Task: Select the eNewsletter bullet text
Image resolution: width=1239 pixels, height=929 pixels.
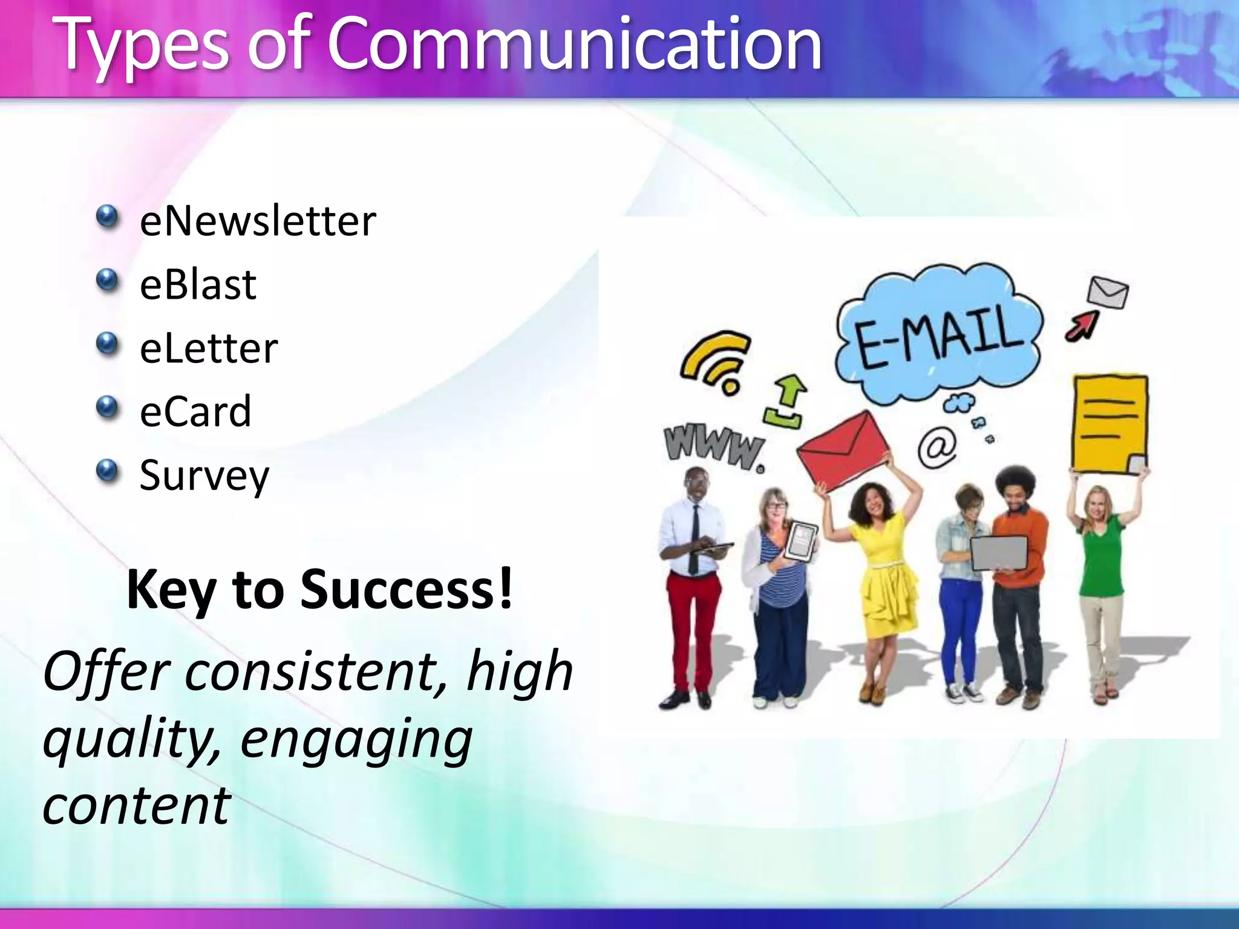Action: coord(257,221)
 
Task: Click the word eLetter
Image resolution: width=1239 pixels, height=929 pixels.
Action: coord(209,349)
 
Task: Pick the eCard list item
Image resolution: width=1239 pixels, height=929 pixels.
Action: coord(195,412)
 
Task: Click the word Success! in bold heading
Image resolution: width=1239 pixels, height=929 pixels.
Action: coord(406,589)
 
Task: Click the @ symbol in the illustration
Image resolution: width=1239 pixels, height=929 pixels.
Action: coord(937,446)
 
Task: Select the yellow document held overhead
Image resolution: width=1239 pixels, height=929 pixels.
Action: coord(1110,423)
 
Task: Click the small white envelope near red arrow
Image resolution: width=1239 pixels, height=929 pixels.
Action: coord(1107,293)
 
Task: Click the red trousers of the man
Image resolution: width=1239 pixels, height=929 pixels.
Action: coord(693,629)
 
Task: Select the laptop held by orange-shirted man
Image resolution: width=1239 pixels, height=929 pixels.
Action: coord(999,552)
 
